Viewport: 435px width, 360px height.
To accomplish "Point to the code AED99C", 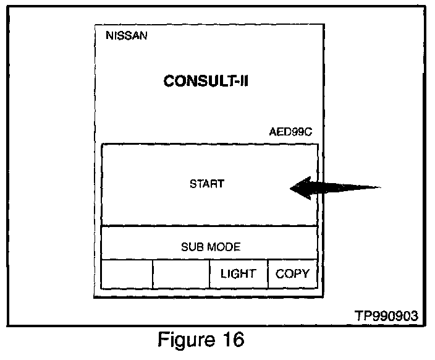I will (x=291, y=133).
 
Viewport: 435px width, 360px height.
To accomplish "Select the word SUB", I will (x=191, y=247).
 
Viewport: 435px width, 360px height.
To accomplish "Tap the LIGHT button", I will (x=238, y=274).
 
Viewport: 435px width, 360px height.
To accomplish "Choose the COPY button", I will (x=292, y=274).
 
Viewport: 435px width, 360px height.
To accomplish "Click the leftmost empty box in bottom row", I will (x=127, y=274).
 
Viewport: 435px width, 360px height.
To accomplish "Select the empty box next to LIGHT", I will (x=180, y=274).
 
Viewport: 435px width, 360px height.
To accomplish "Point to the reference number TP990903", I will (x=386, y=315).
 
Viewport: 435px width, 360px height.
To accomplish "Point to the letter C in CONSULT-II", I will (x=169, y=82).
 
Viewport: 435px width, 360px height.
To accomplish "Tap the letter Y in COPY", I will (x=305, y=274).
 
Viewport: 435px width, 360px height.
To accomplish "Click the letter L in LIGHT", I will (x=224, y=274).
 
